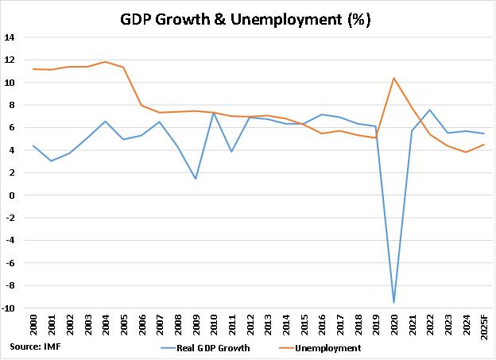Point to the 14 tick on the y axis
point(9,37)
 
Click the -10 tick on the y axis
point(8,308)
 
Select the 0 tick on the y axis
point(11,195)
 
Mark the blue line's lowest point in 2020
point(393,303)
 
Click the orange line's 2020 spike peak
point(393,78)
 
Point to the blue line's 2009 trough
point(195,179)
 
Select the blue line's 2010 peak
point(213,113)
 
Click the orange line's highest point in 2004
point(104,61)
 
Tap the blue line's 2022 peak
point(430,110)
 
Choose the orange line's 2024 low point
point(466,152)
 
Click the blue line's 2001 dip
point(50,161)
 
